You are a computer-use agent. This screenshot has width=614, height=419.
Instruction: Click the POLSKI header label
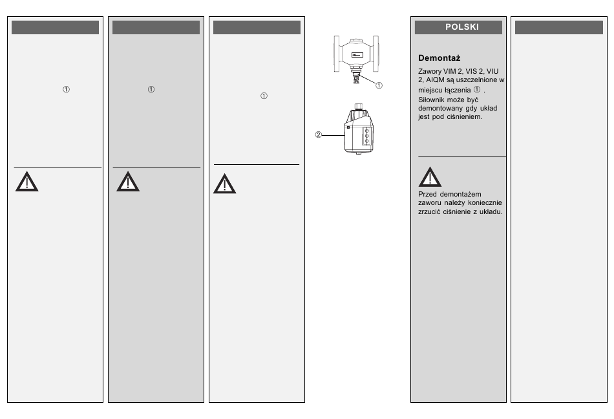click(458, 27)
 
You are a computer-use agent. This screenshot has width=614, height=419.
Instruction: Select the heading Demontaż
click(439, 58)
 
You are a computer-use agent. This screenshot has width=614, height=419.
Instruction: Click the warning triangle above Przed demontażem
click(430, 177)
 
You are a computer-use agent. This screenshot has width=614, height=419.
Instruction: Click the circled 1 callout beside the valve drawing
click(379, 85)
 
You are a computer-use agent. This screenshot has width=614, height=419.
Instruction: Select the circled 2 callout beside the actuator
click(318, 135)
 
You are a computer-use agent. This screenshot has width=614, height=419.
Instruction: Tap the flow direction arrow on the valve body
click(356, 56)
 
